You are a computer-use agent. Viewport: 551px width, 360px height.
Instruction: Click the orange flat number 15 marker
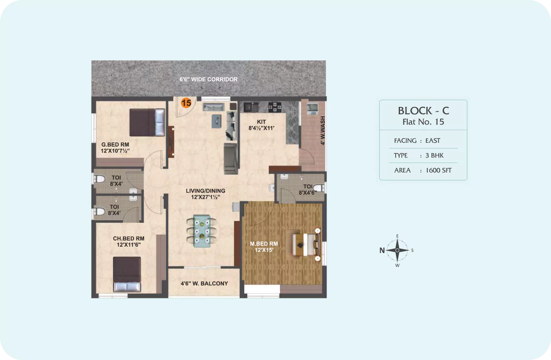point(186,103)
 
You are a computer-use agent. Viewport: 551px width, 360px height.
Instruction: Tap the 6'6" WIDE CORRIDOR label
point(208,79)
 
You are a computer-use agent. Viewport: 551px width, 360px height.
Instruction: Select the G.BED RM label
point(115,144)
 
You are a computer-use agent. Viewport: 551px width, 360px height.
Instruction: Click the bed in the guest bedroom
point(147,122)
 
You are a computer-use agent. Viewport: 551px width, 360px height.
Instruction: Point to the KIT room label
point(261,122)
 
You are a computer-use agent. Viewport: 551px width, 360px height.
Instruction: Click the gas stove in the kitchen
point(275,107)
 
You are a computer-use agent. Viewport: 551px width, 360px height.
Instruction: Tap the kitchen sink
point(251,107)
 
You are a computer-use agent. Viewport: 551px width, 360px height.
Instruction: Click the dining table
point(202,231)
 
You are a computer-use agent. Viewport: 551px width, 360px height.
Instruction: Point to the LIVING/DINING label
point(205,191)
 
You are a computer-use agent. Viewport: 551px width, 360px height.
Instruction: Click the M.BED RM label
point(264,244)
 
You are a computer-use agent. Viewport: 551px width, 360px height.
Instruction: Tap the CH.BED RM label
point(129,238)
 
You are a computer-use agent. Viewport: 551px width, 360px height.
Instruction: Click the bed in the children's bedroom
point(127,274)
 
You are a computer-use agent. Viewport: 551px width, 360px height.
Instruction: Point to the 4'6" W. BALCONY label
point(205,284)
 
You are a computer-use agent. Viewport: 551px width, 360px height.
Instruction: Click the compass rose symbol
point(397,250)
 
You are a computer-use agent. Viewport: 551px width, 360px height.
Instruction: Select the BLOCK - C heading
point(423,111)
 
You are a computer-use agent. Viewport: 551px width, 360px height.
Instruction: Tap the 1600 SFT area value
point(438,170)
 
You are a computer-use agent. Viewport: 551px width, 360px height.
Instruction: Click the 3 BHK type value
point(435,155)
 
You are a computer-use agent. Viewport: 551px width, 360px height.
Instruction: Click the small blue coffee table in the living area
point(217,121)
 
